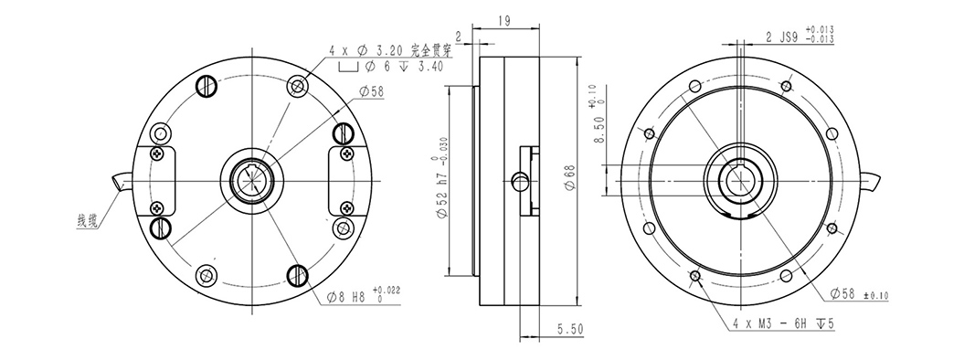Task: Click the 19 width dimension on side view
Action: coord(503,20)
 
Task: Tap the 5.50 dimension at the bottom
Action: coord(570,330)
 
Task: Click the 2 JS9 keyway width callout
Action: coord(800,37)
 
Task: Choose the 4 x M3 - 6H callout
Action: coord(783,323)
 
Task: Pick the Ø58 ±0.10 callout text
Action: coord(859,294)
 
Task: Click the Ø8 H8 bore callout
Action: coord(363,296)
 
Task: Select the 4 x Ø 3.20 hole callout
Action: coord(390,51)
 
